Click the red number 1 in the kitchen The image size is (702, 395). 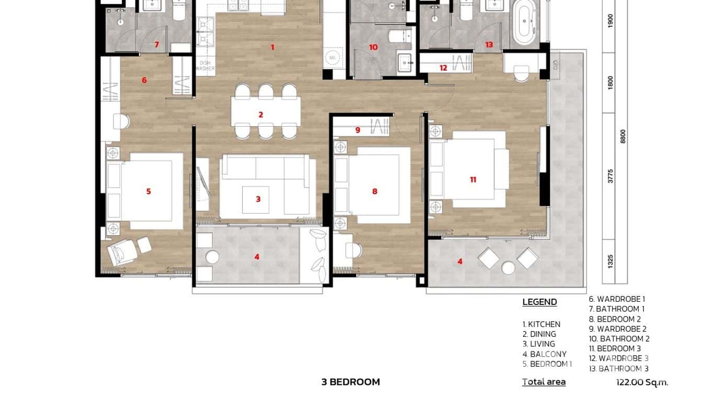tap(272, 47)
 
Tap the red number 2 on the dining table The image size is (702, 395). tap(261, 115)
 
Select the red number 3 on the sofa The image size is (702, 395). tap(258, 199)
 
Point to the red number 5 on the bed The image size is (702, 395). tap(149, 191)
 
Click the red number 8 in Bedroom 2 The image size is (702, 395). tap(375, 191)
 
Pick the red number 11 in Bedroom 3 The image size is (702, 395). tap(473, 180)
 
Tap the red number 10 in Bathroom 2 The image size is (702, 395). tap(373, 47)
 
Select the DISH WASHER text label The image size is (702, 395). tap(205, 65)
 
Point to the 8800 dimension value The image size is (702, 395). tap(622, 136)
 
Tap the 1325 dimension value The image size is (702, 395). tap(610, 261)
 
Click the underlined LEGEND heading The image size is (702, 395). tap(539, 302)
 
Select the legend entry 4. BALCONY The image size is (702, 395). tap(544, 354)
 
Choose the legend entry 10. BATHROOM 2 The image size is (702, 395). tap(619, 339)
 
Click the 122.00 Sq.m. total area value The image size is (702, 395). tap(642, 382)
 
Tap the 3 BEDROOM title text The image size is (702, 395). tap(350, 382)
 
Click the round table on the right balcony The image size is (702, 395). tap(508, 268)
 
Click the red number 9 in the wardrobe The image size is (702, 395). tap(358, 130)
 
